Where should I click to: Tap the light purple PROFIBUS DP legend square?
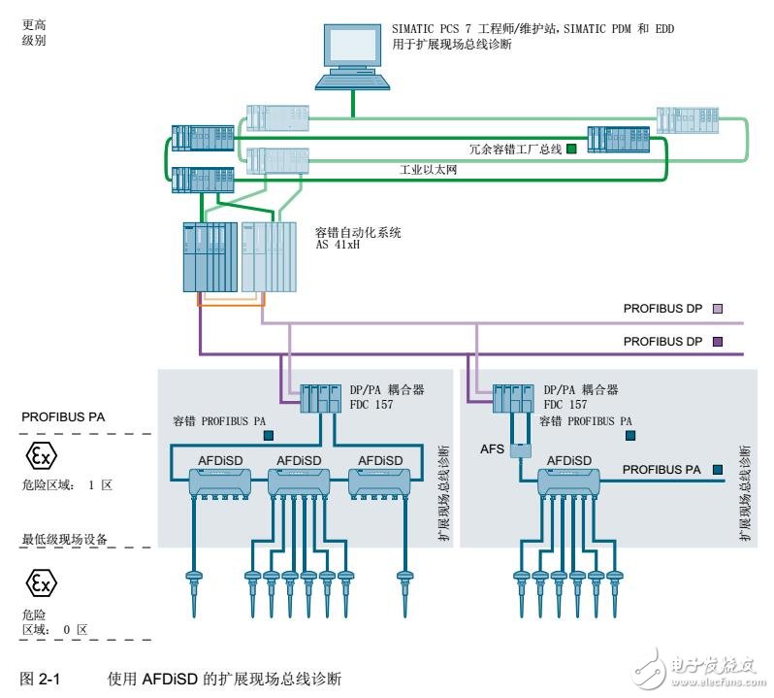(718, 310)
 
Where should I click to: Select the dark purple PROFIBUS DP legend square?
(718, 341)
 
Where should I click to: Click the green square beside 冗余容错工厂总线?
(572, 149)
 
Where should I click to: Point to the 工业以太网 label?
(428, 170)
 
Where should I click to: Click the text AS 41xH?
(338, 247)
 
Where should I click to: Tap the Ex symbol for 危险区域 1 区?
(39, 455)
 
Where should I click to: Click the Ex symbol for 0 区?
(39, 582)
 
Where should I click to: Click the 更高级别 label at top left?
(33, 33)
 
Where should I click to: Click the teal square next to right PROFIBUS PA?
(717, 469)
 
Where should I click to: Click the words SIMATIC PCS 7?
(432, 29)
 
